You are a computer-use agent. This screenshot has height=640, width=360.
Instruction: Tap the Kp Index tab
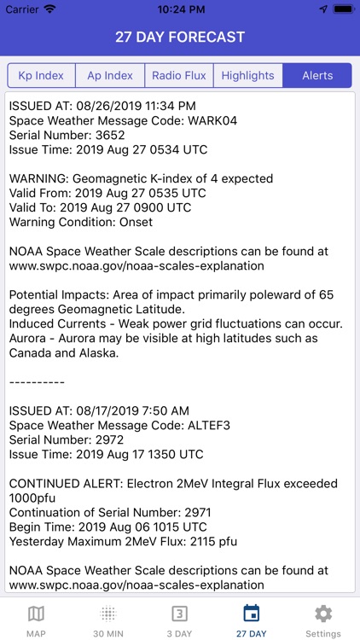pos(41,75)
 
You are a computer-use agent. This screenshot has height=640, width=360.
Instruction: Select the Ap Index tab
pos(110,75)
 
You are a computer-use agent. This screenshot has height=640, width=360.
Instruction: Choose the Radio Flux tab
pos(179,75)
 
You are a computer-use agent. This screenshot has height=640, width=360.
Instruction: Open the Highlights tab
pos(247,75)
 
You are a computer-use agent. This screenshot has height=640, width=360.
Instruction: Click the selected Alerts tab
pos(317,75)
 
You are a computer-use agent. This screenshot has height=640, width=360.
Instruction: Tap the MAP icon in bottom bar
pos(36,614)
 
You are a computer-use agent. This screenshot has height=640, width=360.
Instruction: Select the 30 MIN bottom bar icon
pos(108,614)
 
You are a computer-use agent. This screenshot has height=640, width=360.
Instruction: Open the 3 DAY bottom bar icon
pos(180,614)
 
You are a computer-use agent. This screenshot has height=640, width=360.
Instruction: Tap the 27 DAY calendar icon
pos(252,614)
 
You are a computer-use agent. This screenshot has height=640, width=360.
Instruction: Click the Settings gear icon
pos(323,614)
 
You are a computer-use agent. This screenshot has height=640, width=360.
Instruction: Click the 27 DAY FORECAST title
pos(180,37)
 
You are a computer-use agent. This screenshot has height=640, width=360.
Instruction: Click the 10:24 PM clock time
pos(180,9)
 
